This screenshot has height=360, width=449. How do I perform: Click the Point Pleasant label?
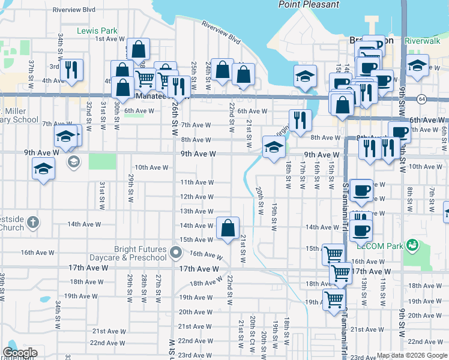(x=309, y=5)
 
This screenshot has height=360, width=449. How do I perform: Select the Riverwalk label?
(x=423, y=40)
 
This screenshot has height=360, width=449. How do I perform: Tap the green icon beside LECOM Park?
(x=412, y=244)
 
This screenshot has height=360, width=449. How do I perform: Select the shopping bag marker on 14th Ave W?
(x=228, y=229)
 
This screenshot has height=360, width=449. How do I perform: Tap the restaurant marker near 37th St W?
(x=71, y=70)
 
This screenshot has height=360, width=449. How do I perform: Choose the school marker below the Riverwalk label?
(x=417, y=65)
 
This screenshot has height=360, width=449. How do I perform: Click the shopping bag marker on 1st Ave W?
(x=138, y=50)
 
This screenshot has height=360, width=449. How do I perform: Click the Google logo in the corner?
(x=20, y=353)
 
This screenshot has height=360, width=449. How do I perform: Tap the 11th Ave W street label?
(x=197, y=182)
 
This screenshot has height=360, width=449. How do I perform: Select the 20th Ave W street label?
(x=194, y=312)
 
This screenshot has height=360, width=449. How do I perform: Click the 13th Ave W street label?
(x=197, y=211)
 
